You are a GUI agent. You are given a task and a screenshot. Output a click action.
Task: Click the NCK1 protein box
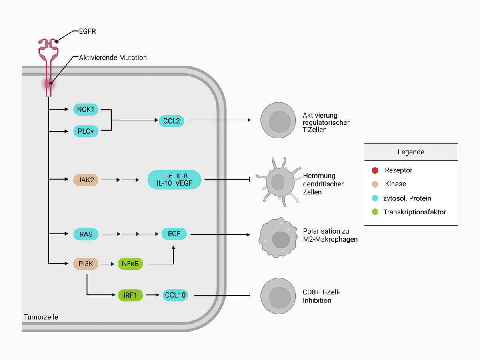(86, 109)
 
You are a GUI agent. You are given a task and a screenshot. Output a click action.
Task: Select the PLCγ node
(86, 131)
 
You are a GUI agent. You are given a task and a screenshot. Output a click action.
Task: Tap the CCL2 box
(172, 120)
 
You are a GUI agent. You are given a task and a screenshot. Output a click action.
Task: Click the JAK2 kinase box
(86, 180)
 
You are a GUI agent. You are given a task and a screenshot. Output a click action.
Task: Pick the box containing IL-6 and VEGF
(174, 180)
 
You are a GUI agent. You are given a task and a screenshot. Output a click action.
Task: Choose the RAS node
(86, 234)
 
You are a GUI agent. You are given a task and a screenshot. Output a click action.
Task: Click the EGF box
(174, 234)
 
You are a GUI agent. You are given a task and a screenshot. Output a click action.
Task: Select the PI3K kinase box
(86, 264)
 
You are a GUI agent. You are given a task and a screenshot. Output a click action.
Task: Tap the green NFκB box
(130, 264)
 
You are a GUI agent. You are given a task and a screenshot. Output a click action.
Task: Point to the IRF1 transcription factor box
(130, 295)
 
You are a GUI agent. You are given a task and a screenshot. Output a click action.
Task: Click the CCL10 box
(175, 295)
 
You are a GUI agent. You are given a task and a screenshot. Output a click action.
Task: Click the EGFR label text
(87, 31)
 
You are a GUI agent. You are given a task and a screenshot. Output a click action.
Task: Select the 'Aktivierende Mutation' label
(113, 58)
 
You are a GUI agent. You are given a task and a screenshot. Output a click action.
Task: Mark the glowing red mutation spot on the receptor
(48, 84)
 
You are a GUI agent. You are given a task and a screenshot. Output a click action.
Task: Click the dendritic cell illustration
(278, 182)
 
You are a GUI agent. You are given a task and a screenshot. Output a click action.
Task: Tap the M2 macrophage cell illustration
(280, 238)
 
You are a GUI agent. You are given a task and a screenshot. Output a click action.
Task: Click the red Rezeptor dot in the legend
(374, 170)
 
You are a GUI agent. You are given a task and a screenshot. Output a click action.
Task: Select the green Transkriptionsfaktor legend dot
(374, 212)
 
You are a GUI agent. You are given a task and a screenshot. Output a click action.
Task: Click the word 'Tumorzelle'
(41, 317)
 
